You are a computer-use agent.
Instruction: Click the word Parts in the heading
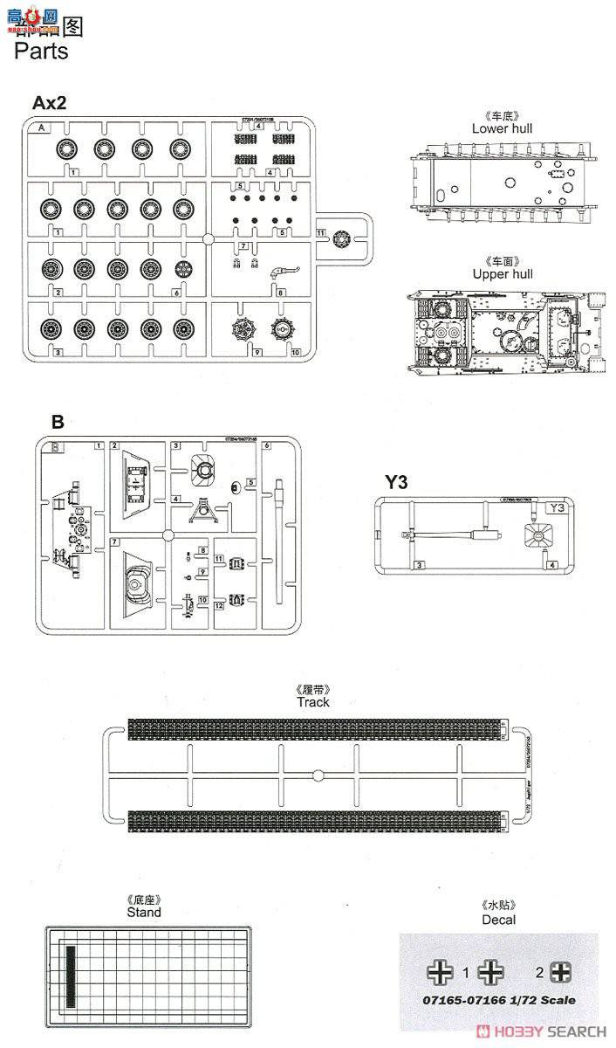tap(41, 51)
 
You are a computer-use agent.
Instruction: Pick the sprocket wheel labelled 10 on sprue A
tap(284, 331)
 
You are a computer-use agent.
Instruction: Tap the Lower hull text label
tap(502, 128)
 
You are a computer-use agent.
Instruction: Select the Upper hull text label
tap(502, 274)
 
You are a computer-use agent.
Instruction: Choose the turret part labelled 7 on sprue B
tap(139, 583)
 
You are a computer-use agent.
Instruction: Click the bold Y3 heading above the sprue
tap(397, 481)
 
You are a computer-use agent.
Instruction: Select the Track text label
tap(313, 702)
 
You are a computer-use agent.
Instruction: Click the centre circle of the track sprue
tap(318, 774)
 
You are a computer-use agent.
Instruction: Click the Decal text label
tap(498, 920)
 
